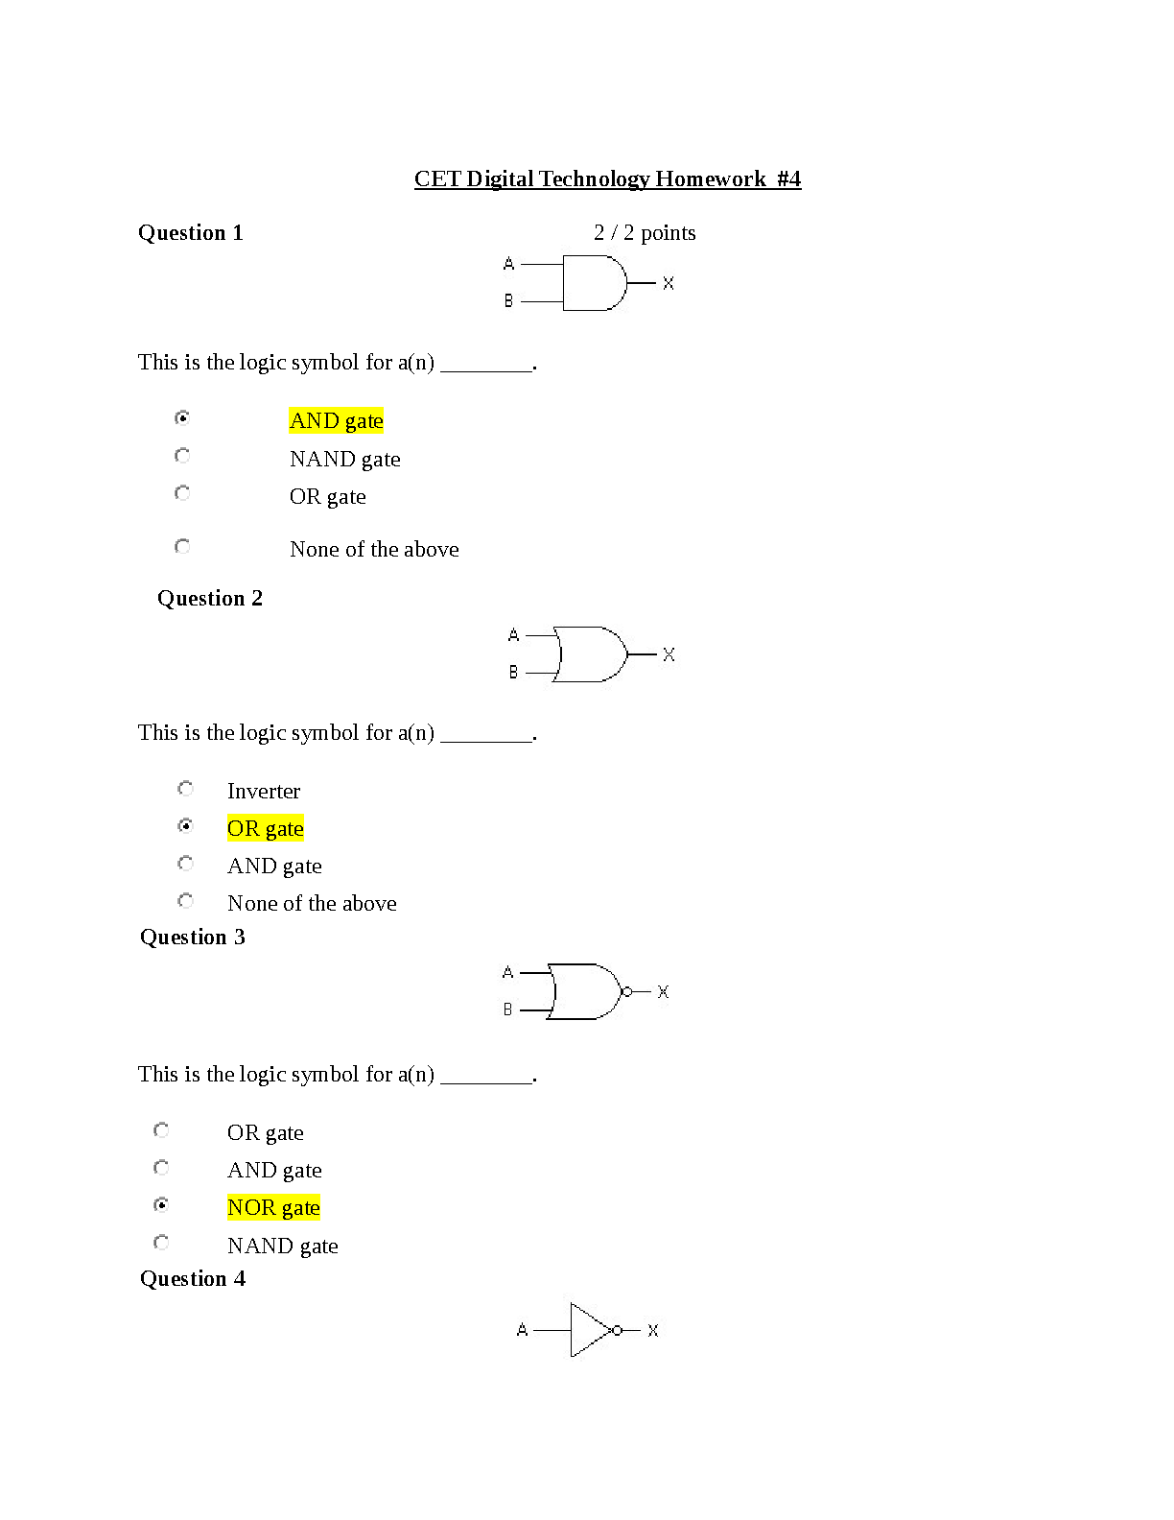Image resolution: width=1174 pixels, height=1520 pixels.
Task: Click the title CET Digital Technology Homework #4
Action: [x=607, y=179]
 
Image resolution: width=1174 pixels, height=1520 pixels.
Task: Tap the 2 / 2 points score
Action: [x=644, y=233]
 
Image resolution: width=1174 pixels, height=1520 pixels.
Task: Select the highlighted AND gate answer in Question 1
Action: [x=337, y=420]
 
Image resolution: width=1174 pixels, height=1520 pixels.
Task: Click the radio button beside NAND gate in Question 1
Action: [x=182, y=456]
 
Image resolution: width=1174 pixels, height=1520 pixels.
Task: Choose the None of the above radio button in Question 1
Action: [x=182, y=546]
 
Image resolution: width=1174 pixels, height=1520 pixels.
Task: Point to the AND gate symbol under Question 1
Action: [x=595, y=283]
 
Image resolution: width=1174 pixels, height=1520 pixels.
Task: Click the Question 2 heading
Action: [x=210, y=598]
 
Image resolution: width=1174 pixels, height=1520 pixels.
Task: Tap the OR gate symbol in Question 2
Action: [x=591, y=654]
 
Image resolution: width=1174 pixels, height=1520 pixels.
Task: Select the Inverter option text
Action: [x=264, y=791]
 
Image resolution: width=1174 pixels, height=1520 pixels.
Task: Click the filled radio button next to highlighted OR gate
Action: [x=185, y=826]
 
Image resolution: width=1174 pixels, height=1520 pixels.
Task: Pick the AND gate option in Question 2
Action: [x=274, y=866]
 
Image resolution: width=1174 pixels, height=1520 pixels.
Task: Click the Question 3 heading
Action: [x=192, y=937]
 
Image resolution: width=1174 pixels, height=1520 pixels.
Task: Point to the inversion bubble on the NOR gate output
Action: [x=627, y=992]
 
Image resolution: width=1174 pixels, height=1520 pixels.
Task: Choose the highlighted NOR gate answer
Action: [x=273, y=1207]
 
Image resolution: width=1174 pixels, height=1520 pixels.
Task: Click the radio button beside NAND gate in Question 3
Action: [x=161, y=1243]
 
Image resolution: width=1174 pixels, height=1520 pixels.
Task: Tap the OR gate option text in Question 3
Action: [x=266, y=1132]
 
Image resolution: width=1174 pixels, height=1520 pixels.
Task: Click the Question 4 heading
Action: [x=192, y=1278]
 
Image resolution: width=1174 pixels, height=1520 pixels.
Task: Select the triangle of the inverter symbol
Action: [x=591, y=1330]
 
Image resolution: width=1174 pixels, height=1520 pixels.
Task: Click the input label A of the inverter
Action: [x=523, y=1330]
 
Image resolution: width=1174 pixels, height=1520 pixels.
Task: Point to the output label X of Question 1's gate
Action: [x=669, y=283]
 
